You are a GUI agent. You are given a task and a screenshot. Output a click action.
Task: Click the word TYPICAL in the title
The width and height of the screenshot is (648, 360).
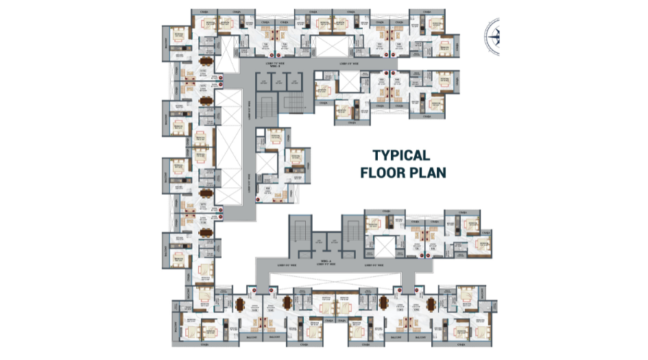coord(401,155)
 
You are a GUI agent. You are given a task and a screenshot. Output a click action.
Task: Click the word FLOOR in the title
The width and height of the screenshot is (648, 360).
coord(383,172)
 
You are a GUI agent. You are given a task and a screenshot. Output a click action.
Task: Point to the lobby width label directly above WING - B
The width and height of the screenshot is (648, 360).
coord(278,62)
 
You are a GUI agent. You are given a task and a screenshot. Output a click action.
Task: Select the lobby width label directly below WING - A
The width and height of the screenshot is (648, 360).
coord(325,265)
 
